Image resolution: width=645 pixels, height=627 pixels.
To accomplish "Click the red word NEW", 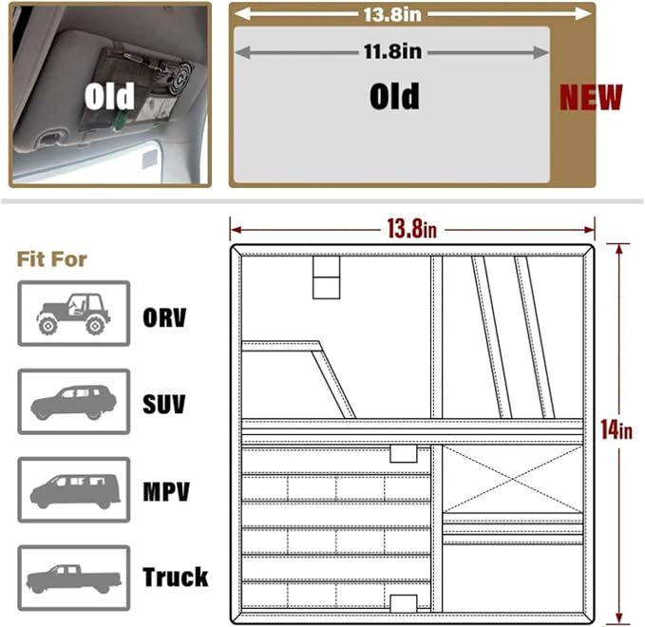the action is click(591, 98).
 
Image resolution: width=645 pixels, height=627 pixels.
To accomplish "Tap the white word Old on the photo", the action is click(109, 96).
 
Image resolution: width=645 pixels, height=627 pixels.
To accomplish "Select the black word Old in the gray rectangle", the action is click(394, 96).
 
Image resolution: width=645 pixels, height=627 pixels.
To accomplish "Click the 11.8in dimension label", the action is click(392, 51).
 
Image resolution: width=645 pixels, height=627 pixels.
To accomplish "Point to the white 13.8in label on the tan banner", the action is click(392, 14).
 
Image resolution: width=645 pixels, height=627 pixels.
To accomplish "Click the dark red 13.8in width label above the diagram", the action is click(411, 228).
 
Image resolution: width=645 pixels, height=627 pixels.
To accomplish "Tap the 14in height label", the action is click(617, 429).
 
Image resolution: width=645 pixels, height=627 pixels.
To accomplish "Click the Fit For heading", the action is click(52, 259).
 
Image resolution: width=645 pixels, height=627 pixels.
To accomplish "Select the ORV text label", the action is click(164, 317).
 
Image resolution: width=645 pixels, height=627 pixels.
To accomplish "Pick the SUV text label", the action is click(163, 404).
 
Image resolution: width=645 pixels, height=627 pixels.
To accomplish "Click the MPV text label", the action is click(166, 491).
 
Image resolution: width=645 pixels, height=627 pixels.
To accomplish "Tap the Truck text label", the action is click(175, 577).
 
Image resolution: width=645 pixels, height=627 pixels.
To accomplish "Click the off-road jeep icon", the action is click(74, 313).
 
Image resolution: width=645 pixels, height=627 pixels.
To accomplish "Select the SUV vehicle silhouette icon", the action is click(74, 403).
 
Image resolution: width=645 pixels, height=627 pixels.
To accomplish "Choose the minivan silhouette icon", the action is click(75, 491).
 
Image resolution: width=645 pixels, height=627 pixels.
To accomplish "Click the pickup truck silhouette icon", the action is click(74, 579).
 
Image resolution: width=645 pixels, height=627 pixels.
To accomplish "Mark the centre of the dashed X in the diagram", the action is click(513, 479).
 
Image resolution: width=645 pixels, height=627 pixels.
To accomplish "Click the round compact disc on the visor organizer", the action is click(180, 78).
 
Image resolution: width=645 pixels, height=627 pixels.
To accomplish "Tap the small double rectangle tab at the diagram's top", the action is click(326, 277).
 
